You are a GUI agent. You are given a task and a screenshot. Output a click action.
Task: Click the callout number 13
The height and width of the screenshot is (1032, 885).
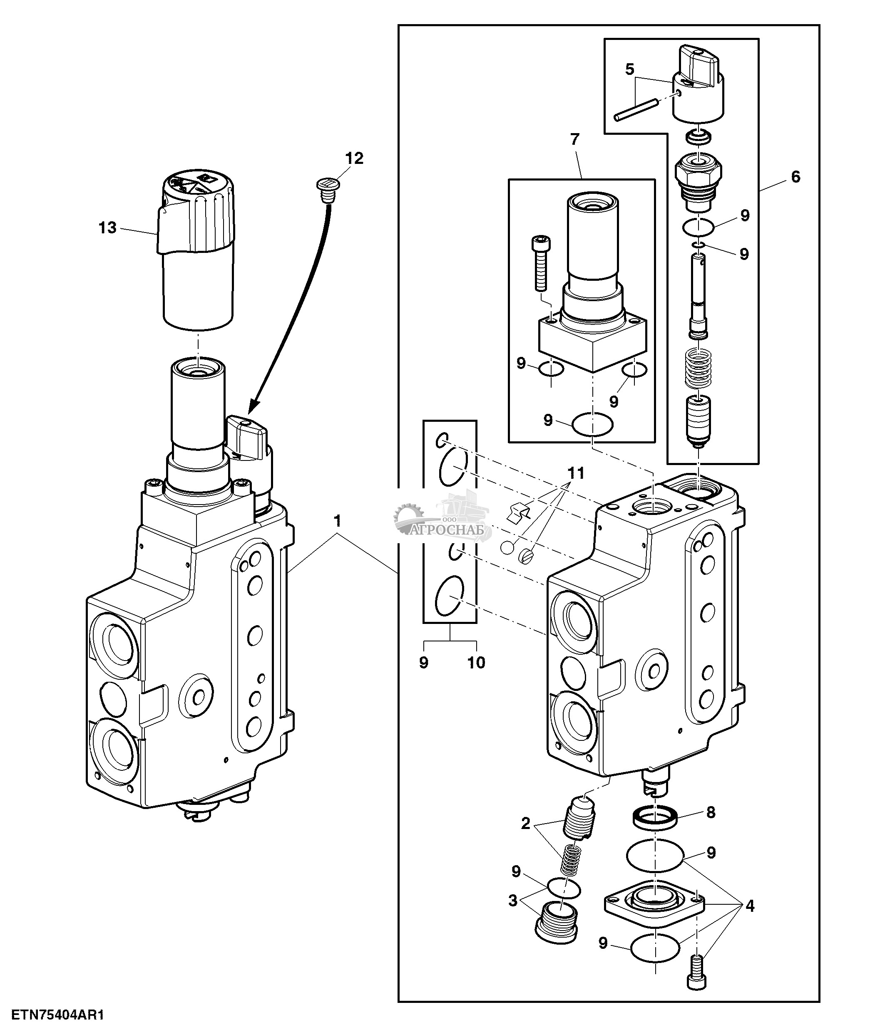(x=107, y=228)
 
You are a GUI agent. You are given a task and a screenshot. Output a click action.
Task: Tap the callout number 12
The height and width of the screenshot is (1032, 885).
(x=354, y=159)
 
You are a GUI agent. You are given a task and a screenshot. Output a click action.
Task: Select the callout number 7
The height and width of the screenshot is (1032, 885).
(x=575, y=140)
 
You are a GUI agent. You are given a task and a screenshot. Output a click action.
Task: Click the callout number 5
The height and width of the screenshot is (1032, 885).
(x=630, y=69)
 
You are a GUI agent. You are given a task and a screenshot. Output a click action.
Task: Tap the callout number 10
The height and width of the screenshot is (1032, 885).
(x=476, y=663)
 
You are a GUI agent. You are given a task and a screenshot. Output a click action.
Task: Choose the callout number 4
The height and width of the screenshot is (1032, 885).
(x=749, y=906)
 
